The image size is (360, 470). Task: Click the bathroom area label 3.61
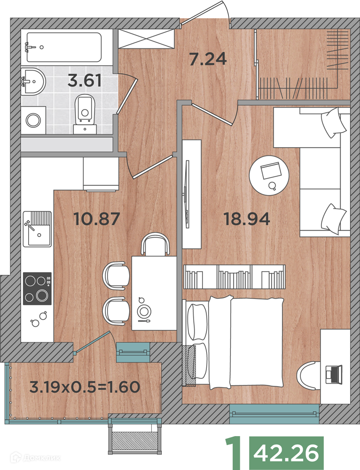click(85, 80)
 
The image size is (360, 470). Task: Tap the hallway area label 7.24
click(208, 59)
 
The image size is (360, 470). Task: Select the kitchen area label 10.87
click(97, 219)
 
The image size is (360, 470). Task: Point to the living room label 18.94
click(247, 219)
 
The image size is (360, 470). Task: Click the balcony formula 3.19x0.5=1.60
click(85, 387)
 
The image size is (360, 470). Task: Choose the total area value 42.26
click(286, 453)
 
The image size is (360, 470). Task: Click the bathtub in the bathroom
click(64, 47)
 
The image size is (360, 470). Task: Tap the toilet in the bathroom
click(85, 114)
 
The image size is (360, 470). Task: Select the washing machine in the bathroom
click(33, 120)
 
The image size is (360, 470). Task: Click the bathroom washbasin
click(33, 81)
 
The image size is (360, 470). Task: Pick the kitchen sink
click(38, 229)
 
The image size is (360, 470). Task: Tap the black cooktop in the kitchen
click(37, 289)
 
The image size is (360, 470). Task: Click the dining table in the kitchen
click(154, 293)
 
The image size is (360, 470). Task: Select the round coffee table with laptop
click(269, 175)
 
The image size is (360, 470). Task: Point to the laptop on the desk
click(334, 374)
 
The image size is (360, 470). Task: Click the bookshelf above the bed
click(234, 277)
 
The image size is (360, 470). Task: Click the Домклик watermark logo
click(35, 458)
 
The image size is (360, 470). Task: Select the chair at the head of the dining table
click(155, 244)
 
